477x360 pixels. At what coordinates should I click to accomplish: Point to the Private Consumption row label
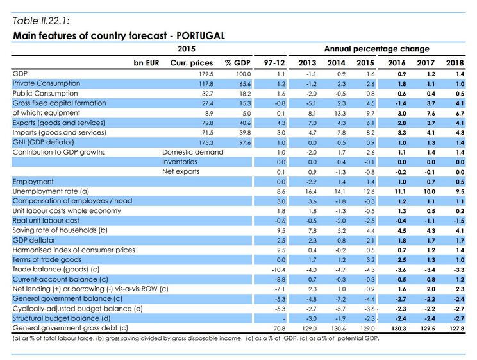[47, 83]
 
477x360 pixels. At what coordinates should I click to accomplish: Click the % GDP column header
[237, 63]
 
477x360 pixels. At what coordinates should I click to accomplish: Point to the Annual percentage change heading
[376, 49]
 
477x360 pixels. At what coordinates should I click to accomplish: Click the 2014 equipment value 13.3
[338, 113]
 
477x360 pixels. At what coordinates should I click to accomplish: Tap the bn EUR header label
[147, 63]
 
